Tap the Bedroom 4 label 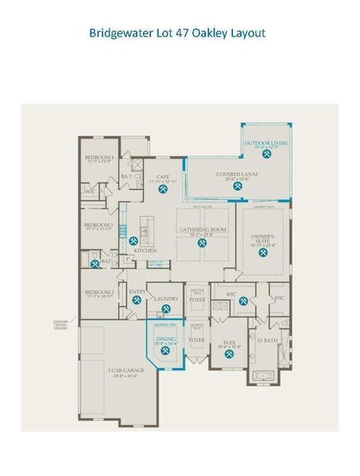pyautogui.click(x=100, y=157)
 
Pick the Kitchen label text pyautogui.click(x=144, y=251)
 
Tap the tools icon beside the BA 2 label pyautogui.click(x=94, y=259)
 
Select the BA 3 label pyautogui.click(x=125, y=175)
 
